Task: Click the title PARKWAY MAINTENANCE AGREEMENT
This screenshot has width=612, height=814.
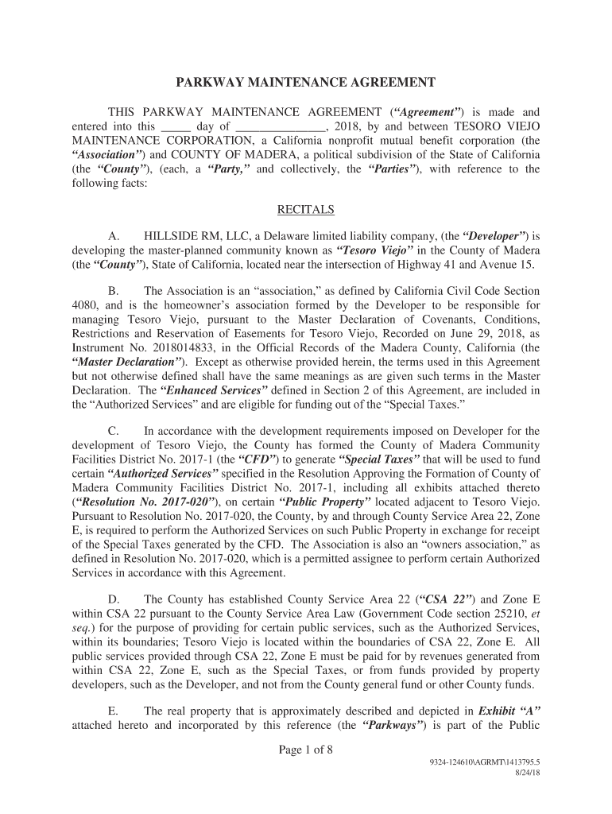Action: click(306, 82)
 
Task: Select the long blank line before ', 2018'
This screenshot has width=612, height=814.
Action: click(281, 127)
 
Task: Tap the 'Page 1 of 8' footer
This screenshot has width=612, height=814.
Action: click(306, 748)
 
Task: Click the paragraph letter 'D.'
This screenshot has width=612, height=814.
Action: click(114, 600)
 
